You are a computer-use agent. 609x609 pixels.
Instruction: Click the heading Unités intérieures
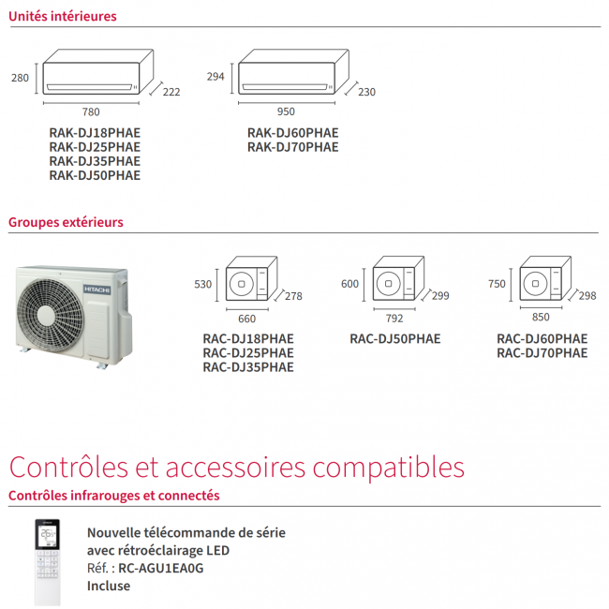pyautogui.click(x=63, y=16)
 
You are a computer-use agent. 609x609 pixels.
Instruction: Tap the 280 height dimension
pyautogui.click(x=20, y=78)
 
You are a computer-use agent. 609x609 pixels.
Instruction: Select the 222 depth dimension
pyautogui.click(x=171, y=92)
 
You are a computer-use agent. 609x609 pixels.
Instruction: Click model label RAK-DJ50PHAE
pyautogui.click(x=95, y=175)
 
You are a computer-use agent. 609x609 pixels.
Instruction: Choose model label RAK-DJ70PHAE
pyautogui.click(x=292, y=147)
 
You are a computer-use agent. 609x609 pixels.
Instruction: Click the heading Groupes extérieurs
pyautogui.click(x=66, y=222)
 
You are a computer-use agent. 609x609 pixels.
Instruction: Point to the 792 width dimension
pyautogui.click(x=394, y=318)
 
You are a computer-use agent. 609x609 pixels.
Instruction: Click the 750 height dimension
pyautogui.click(x=498, y=283)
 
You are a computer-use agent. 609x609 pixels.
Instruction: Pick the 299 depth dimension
pyautogui.click(x=440, y=296)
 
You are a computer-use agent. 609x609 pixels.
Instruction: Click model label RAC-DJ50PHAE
pyautogui.click(x=394, y=339)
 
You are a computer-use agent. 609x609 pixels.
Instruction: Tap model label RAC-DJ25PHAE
pyautogui.click(x=247, y=353)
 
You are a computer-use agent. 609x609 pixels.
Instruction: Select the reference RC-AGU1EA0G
pyautogui.click(x=161, y=568)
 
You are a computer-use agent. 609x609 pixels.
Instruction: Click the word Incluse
pyautogui.click(x=109, y=586)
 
